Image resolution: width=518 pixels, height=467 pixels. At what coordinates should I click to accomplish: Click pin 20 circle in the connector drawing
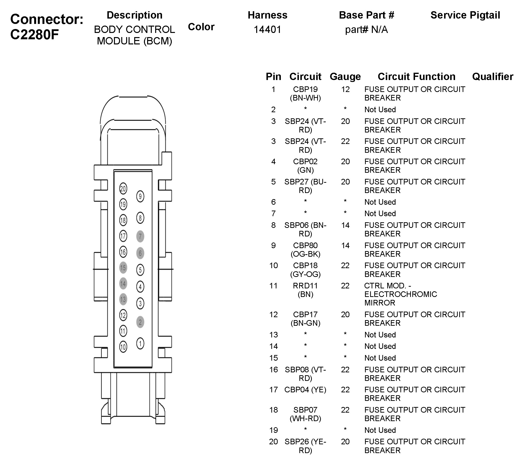[123, 189]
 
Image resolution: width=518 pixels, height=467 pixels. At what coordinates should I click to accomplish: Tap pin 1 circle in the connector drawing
[140, 343]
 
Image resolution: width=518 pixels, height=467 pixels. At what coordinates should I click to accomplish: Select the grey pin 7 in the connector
[140, 236]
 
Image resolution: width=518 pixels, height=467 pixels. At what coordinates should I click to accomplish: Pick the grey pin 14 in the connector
[123, 284]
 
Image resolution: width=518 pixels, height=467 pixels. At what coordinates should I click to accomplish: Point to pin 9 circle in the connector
[140, 197]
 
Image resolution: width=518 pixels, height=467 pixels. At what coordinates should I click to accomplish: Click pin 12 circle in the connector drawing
[123, 315]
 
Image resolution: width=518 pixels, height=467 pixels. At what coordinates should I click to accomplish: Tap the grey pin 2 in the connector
[140, 322]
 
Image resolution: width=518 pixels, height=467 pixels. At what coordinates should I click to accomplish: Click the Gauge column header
[345, 76]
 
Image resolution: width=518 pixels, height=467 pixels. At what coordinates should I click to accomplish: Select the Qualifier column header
[493, 76]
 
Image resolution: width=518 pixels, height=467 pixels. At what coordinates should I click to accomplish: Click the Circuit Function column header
[416, 76]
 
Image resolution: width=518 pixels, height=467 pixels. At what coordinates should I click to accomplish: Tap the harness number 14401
[267, 30]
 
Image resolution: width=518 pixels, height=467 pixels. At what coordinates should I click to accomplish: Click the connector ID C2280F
[35, 34]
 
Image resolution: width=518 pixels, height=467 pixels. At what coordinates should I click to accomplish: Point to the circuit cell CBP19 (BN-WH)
[305, 93]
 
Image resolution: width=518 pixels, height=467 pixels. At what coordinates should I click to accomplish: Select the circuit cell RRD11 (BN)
[305, 290]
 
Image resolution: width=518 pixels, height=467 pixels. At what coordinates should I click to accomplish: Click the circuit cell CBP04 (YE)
[305, 389]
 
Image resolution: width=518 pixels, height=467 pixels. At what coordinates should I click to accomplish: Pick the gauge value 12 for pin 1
[345, 89]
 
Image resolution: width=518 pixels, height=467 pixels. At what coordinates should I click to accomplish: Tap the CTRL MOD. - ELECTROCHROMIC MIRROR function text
[400, 294]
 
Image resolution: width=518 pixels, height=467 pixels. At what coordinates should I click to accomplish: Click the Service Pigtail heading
[465, 15]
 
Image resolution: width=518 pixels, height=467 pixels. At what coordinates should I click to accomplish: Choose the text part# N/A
[366, 30]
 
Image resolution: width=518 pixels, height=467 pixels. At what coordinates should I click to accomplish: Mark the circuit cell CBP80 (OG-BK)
[305, 249]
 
